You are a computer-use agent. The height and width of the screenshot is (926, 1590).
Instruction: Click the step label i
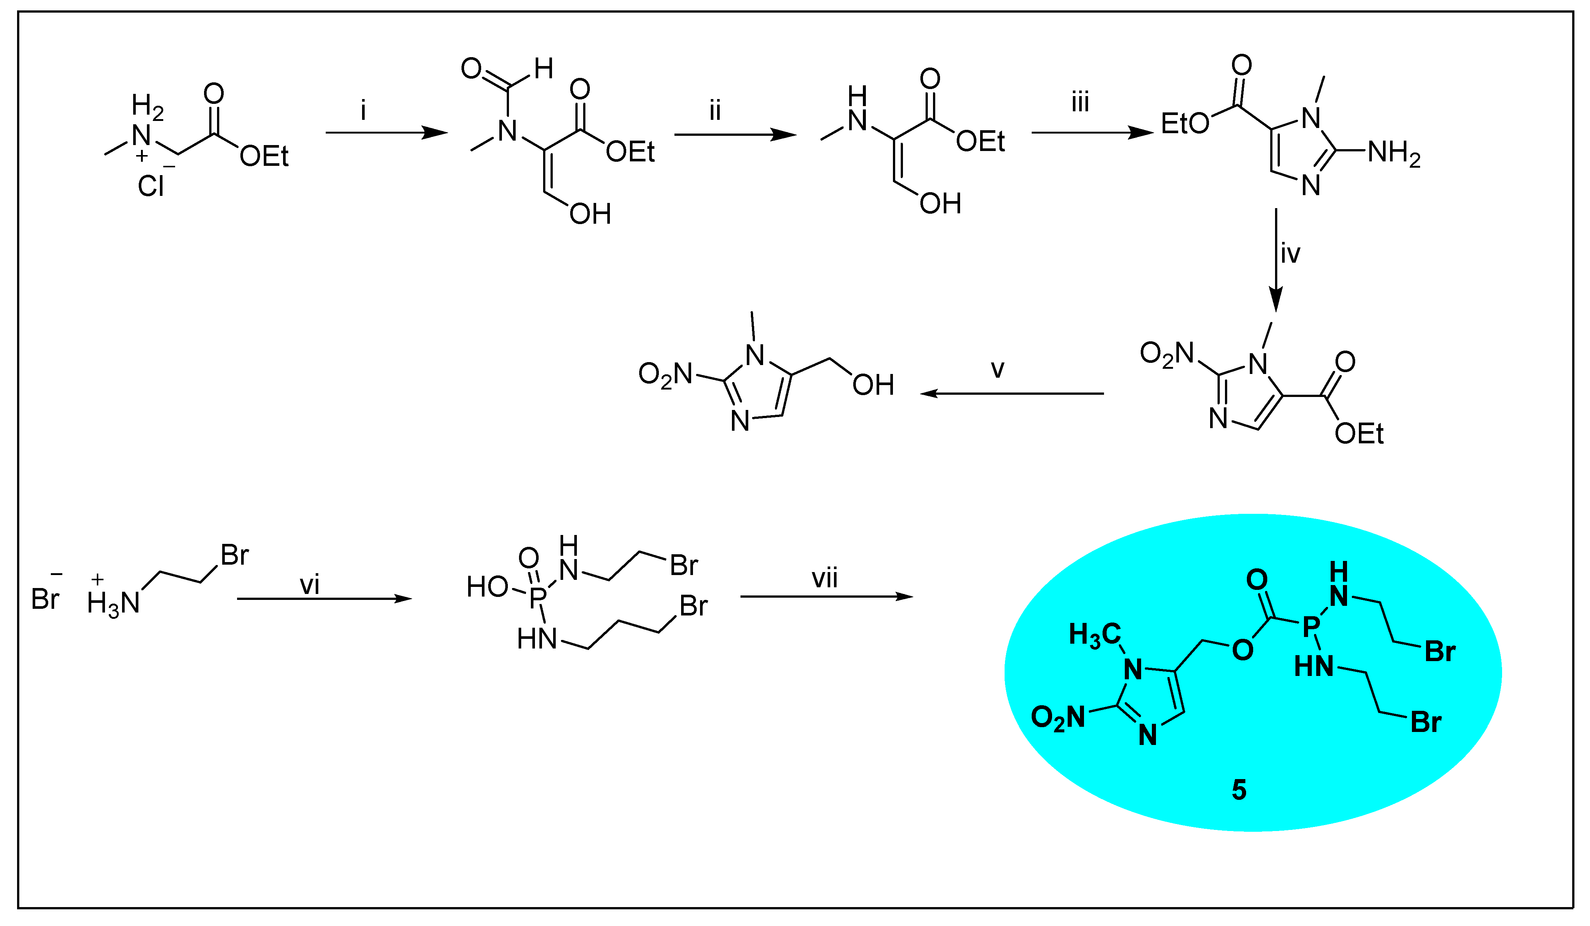tap(364, 111)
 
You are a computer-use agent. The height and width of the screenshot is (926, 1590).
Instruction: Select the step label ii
tap(715, 111)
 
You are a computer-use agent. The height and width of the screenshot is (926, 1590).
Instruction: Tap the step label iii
tap(1080, 102)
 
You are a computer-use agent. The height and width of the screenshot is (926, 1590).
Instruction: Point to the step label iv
tap(1290, 254)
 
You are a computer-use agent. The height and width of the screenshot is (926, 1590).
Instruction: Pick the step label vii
tap(825, 578)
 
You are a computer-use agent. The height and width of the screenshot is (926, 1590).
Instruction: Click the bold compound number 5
tap(1239, 790)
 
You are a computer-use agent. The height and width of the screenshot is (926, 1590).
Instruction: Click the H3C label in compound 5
tap(1095, 634)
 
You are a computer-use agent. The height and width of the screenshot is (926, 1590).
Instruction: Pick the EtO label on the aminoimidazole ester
tap(1185, 124)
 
